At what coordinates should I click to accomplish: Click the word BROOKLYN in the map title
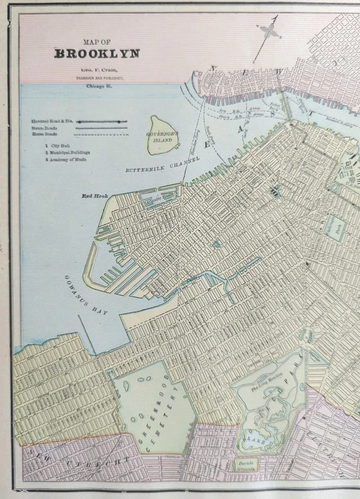[97, 53]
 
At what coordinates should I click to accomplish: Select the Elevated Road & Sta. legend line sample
[102, 122]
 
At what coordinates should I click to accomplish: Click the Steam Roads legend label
[44, 128]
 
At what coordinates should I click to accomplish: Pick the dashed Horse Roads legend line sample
[102, 134]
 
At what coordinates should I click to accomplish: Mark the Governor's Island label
[162, 137]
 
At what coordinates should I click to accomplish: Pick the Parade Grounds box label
[243, 464]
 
